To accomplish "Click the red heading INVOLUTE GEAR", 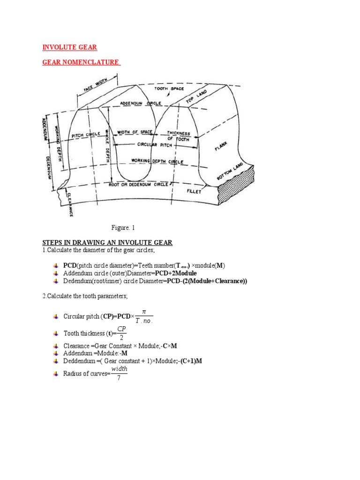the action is click(70, 47).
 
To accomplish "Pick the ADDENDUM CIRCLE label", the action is click(141, 103).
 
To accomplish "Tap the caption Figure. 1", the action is click(123, 228).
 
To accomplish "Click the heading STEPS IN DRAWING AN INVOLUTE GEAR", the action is click(108, 242).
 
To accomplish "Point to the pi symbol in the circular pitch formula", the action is click(143, 311).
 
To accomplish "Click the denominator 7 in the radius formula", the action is click(119, 378).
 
